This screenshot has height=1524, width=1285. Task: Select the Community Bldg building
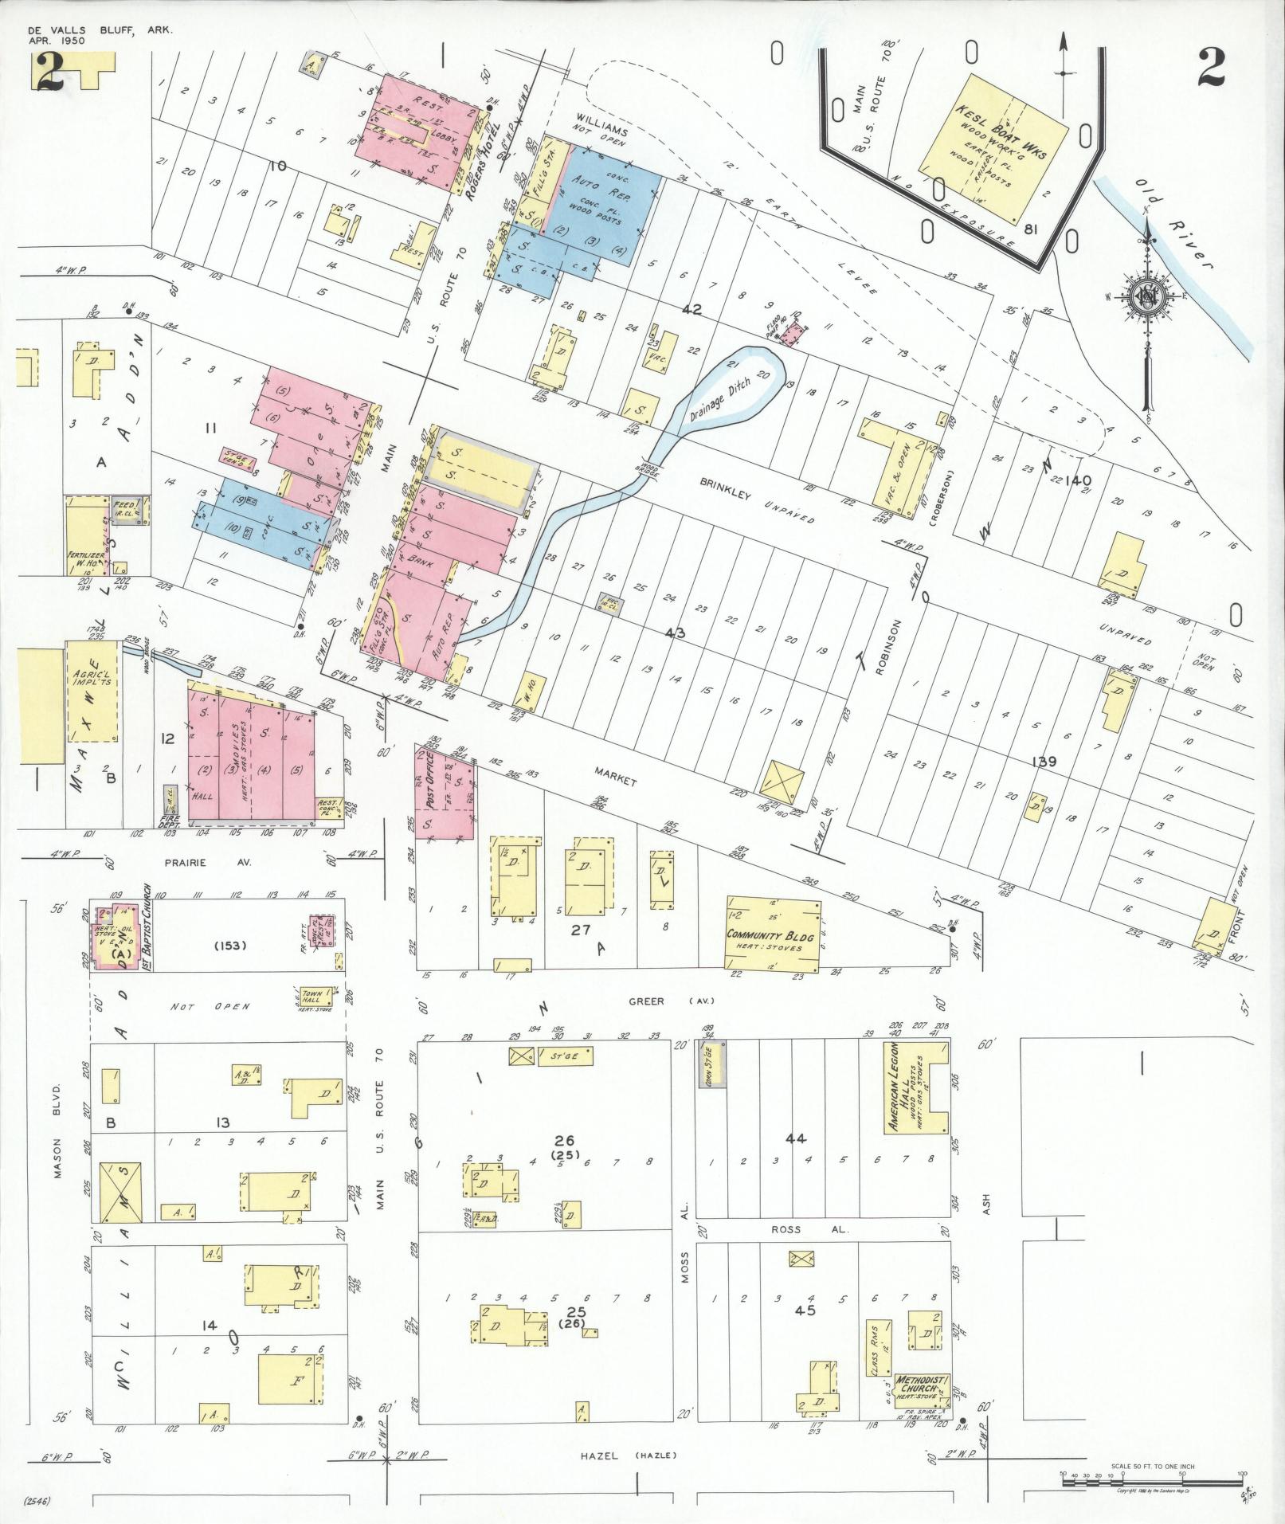[x=773, y=934]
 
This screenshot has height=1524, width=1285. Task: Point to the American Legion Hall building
[x=915, y=1086]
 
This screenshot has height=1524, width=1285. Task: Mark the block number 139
[x=1044, y=762]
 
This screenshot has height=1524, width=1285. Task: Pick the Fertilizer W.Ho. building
[x=86, y=533]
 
